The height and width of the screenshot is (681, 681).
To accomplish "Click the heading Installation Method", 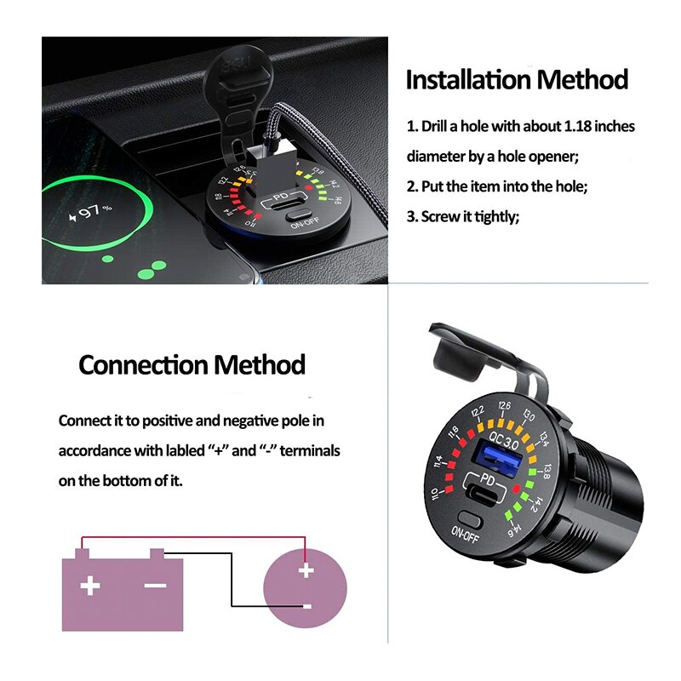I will coord(517,80).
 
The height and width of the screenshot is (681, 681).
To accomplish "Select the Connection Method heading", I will coord(192,364).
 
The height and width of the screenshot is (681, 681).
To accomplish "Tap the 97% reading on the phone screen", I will coord(95,210).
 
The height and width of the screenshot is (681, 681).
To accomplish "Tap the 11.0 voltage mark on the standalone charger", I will coord(435,497).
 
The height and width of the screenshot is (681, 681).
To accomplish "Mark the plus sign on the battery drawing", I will coord(89,587).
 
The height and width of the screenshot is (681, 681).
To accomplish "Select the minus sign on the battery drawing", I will coord(155,586).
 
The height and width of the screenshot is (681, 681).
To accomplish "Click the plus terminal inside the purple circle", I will coord(306,572).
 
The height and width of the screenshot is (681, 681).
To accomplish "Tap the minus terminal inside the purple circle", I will coord(306,606).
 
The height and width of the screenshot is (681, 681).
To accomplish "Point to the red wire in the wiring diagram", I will coord(192,537).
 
